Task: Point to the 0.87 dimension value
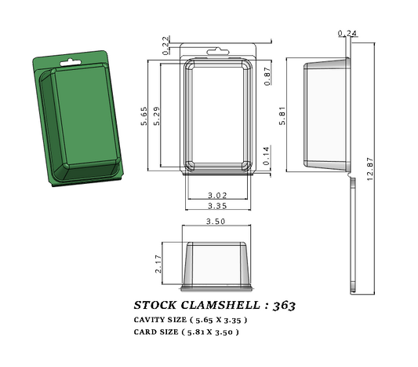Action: click(x=267, y=76)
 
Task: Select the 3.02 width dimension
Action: click(x=217, y=195)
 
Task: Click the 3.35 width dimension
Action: click(x=217, y=205)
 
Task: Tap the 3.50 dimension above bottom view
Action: click(x=216, y=222)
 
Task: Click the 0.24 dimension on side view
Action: click(x=345, y=33)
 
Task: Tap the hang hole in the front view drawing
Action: click(x=217, y=52)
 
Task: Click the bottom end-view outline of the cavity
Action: click(x=216, y=265)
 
